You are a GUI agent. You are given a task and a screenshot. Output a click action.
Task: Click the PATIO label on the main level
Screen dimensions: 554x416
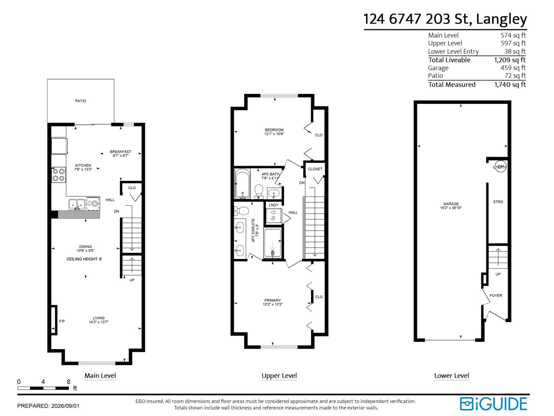click(x=81, y=101)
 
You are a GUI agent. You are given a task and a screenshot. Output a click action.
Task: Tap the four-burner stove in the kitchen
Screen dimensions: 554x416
click(x=59, y=175)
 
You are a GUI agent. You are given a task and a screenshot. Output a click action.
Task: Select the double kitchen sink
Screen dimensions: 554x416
click(x=77, y=204)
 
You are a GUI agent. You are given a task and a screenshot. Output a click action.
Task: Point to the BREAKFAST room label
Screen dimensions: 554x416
click(x=120, y=152)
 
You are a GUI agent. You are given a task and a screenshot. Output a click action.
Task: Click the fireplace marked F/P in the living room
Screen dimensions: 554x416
click(x=54, y=320)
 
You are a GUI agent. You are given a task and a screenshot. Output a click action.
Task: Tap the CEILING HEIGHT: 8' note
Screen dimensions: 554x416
click(x=84, y=259)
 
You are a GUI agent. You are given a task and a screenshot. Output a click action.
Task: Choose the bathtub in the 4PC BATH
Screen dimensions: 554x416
click(x=242, y=184)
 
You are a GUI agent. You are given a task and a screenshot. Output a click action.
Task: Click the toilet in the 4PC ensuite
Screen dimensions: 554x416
click(x=241, y=211)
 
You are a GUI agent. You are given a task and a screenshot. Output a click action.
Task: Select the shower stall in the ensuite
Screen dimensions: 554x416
click(x=272, y=243)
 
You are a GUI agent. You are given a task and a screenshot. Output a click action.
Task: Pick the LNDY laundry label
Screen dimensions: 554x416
click(x=274, y=205)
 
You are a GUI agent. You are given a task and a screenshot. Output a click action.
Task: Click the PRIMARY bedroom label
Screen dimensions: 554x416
click(x=272, y=300)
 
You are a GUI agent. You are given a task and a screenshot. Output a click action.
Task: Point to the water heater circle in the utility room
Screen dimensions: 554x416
click(x=500, y=167)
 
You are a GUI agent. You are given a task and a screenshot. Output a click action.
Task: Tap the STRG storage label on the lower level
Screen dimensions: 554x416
click(x=498, y=202)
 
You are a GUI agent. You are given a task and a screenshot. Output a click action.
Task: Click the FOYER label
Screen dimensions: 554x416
click(x=496, y=295)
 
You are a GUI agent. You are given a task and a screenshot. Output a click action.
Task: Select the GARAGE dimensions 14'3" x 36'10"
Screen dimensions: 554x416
click(x=451, y=208)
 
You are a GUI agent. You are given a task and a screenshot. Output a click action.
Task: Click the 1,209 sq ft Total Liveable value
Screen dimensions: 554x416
click(x=510, y=60)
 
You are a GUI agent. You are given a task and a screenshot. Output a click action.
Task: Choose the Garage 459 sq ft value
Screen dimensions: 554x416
click(x=513, y=68)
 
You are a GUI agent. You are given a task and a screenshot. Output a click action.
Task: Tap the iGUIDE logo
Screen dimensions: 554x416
click(x=493, y=404)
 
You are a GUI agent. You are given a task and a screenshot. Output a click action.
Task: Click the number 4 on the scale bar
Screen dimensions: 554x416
click(x=43, y=382)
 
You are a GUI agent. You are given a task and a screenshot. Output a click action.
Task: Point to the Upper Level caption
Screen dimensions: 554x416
click(x=279, y=376)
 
